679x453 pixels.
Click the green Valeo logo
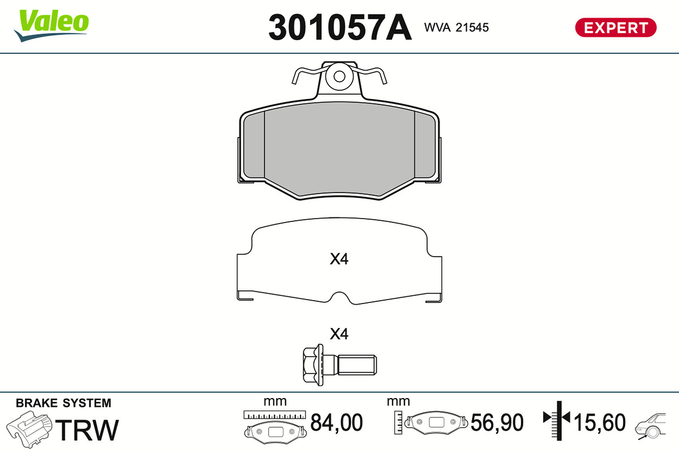click(x=51, y=25)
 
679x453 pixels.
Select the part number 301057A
click(x=340, y=28)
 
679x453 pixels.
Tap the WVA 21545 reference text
click(x=456, y=28)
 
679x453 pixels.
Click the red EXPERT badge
click(x=616, y=28)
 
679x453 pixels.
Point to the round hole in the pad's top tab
click(x=339, y=77)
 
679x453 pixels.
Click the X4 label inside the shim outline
click(x=339, y=259)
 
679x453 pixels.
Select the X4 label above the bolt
click(x=339, y=334)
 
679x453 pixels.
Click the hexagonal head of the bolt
click(x=313, y=365)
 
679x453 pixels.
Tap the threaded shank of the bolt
click(x=357, y=365)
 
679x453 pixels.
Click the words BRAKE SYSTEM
click(x=63, y=403)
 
